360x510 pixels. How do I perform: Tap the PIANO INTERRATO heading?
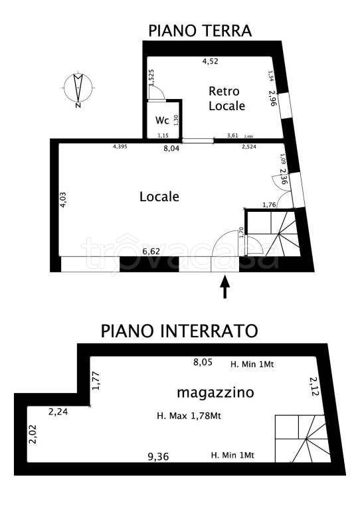click(179, 330)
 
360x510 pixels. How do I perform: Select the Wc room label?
click(162, 120)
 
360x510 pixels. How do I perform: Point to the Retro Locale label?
click(226, 98)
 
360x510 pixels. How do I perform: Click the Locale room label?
click(159, 197)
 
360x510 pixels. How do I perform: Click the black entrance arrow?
click(225, 288)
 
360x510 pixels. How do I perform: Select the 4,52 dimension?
click(210, 62)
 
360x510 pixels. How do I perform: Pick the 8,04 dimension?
click(171, 149)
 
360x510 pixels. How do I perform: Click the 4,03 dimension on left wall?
click(63, 200)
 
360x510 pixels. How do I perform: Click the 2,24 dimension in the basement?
click(58, 412)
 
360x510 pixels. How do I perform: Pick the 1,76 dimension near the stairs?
click(270, 205)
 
